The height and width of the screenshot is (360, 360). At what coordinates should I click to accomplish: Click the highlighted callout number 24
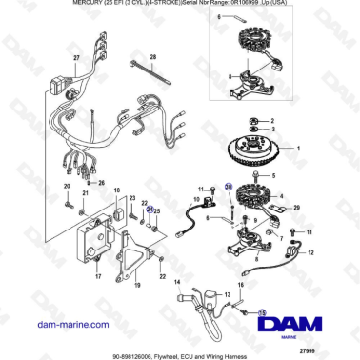(150, 209)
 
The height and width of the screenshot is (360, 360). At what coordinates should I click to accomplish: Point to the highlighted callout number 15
(263, 311)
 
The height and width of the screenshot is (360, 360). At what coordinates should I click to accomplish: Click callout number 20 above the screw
(66, 186)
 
